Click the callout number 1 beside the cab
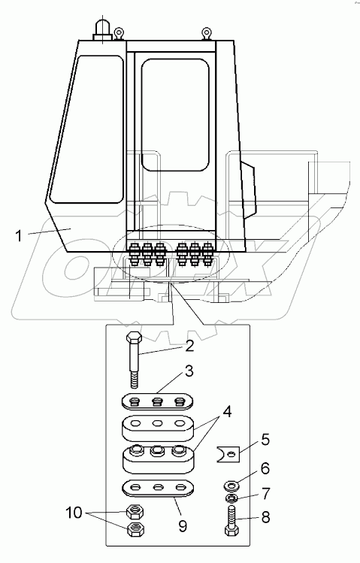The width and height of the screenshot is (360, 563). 19,236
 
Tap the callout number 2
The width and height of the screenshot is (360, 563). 189,346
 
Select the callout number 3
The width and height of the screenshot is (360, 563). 189,371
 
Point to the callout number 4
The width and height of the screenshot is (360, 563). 227,412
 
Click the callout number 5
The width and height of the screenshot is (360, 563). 265,440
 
